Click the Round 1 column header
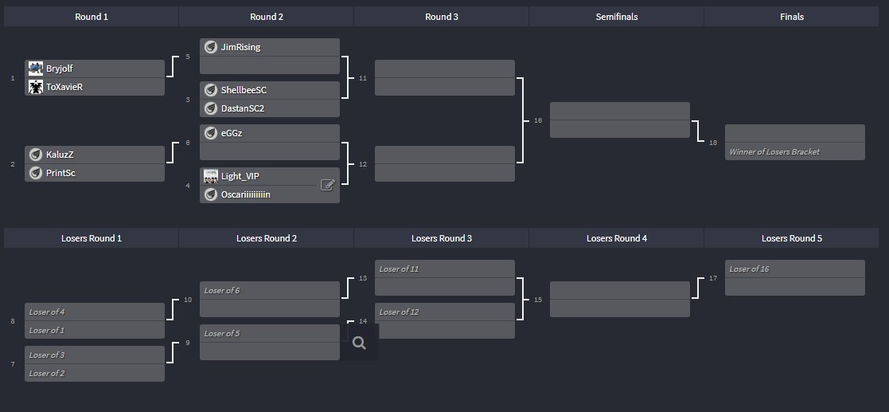(92, 17)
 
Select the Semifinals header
(616, 17)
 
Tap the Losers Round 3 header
(442, 238)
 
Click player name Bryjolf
(60, 69)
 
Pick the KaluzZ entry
(60, 155)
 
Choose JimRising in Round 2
(240, 47)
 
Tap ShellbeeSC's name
(244, 90)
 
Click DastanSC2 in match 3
(242, 108)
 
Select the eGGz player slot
(232, 133)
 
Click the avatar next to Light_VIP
(211, 176)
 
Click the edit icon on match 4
(327, 185)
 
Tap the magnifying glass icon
(359, 343)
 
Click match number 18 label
(713, 142)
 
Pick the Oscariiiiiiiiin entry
(251, 194)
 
